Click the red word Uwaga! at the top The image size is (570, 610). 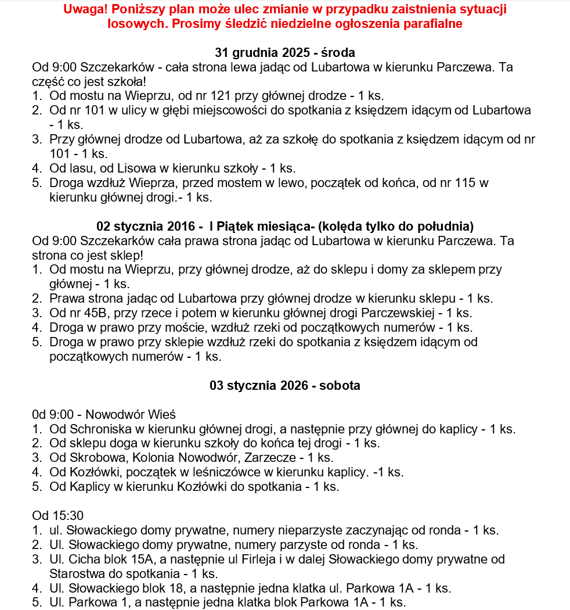pyautogui.click(x=84, y=10)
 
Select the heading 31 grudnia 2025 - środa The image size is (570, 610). pyautogui.click(x=285, y=52)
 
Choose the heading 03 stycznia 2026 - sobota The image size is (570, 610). pyautogui.click(x=285, y=386)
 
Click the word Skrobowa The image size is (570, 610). pyautogui.click(x=96, y=458)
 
